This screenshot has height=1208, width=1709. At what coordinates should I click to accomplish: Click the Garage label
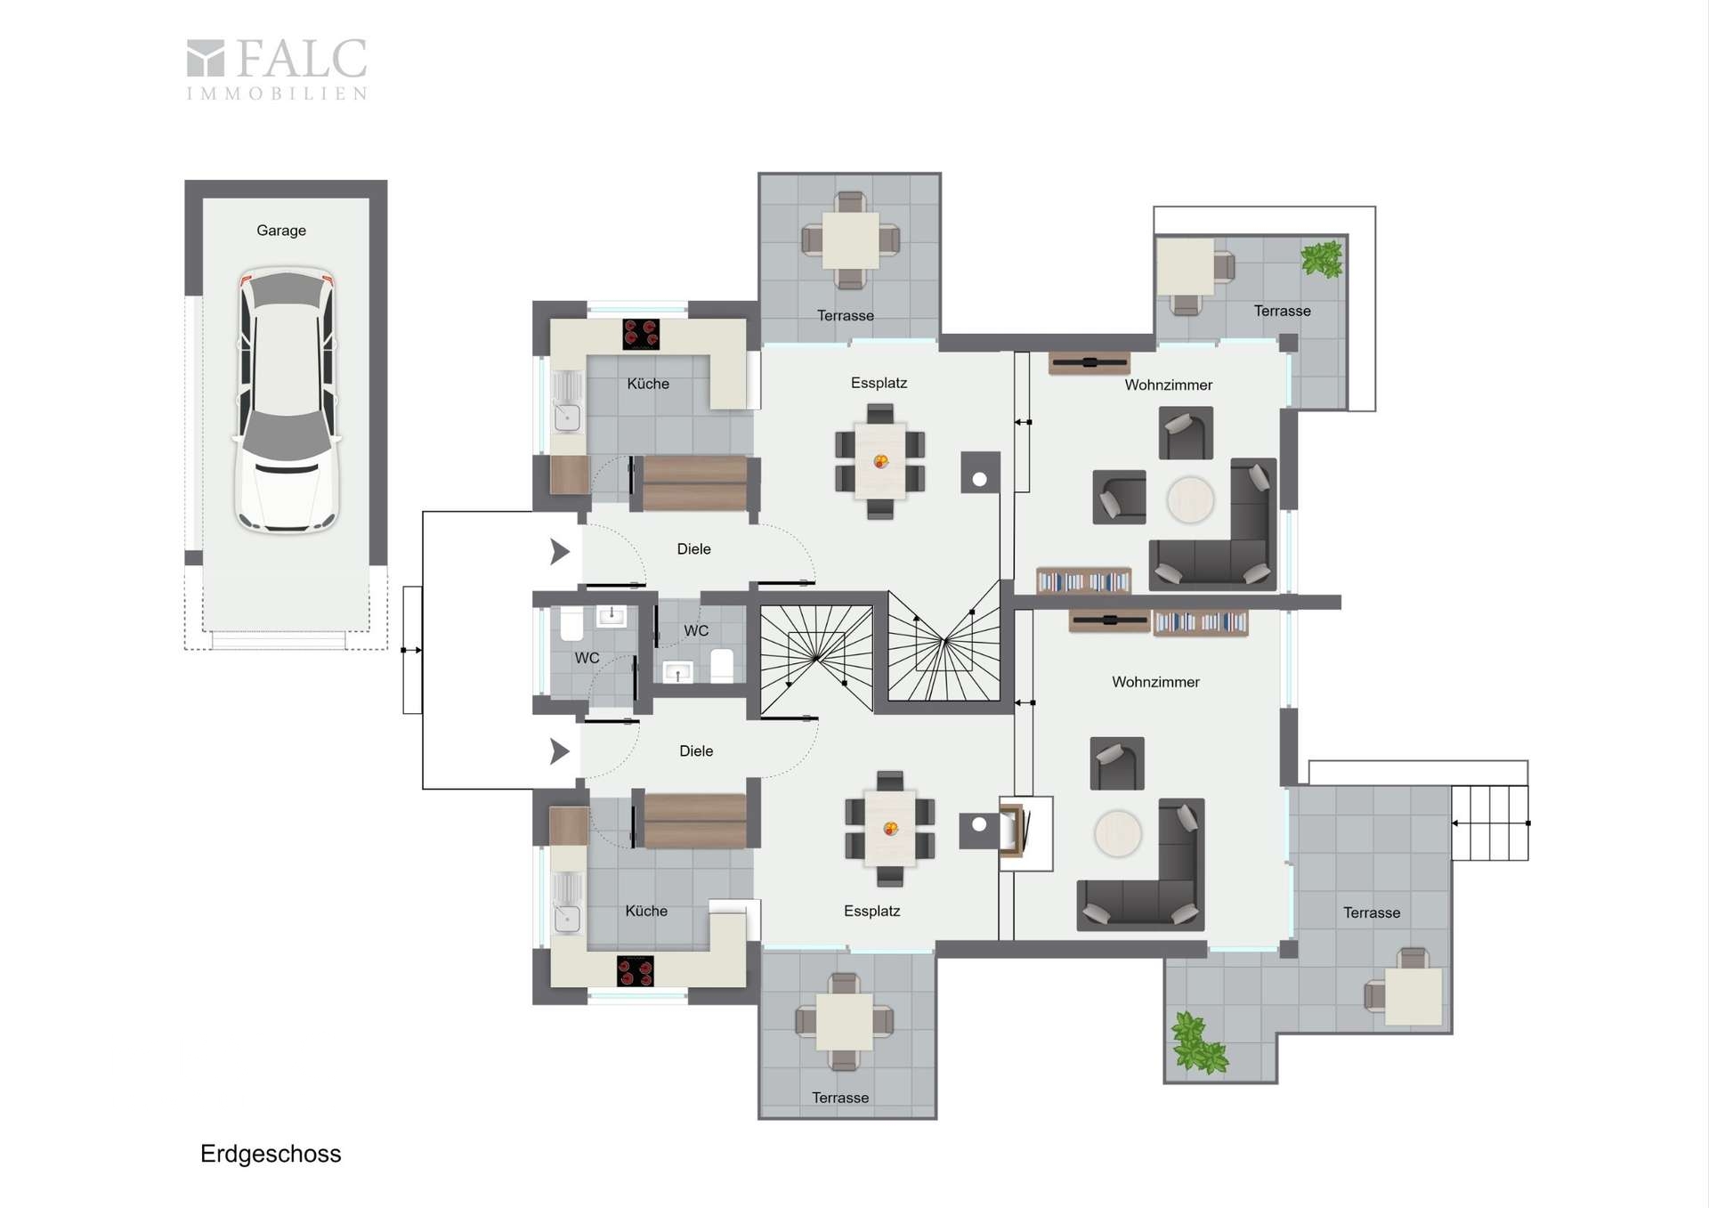tap(281, 231)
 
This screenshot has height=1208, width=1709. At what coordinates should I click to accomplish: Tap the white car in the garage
tap(287, 401)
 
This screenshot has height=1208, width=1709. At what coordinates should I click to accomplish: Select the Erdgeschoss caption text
tap(271, 1154)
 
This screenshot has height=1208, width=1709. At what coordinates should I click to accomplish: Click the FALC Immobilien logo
tap(277, 69)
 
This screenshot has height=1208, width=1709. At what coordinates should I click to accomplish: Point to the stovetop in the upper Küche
tap(641, 334)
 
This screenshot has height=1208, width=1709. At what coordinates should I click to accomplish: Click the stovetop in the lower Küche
tap(636, 971)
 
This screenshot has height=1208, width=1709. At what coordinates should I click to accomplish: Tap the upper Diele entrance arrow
tap(560, 552)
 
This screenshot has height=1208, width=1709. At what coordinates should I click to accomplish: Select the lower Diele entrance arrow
tap(560, 751)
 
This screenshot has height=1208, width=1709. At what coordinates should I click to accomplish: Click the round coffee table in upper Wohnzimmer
tap(1190, 500)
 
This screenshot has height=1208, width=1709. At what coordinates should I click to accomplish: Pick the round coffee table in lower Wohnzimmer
tap(1117, 834)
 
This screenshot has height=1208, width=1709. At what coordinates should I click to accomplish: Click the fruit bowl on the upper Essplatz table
tap(881, 461)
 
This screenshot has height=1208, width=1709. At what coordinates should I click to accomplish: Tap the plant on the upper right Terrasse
tap(1322, 260)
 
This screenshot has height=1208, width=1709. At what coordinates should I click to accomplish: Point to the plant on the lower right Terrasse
tap(1197, 1042)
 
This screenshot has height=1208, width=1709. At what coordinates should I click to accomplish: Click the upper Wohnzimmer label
tap(1168, 385)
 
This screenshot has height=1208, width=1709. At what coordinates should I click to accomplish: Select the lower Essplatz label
tap(871, 912)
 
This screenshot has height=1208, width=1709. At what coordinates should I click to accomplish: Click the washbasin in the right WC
tap(677, 673)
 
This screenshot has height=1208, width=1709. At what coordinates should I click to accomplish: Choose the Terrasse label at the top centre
tap(846, 316)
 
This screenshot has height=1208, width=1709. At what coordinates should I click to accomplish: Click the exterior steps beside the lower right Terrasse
tap(1490, 823)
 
